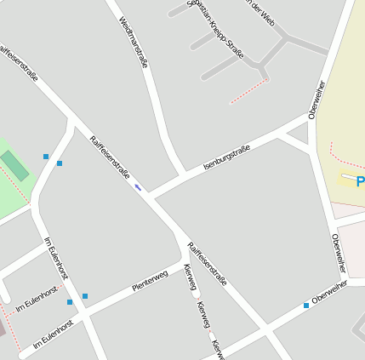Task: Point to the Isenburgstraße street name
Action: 226,158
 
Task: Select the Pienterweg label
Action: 151,283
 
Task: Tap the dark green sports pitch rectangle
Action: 14,164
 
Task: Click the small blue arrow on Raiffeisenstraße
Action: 138,187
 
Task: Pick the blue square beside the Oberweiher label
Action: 306,305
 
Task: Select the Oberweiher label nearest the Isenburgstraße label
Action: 317,100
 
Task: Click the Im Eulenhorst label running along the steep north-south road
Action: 56,258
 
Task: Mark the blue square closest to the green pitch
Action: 46,157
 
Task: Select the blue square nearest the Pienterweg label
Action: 85,296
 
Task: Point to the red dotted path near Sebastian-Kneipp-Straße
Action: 249,92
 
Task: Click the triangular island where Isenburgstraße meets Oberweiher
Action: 297,142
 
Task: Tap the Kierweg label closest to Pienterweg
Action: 190,277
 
